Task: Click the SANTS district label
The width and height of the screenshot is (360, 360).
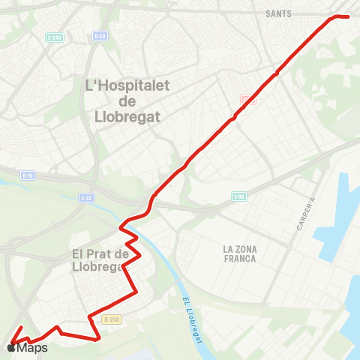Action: pyautogui.click(x=278, y=13)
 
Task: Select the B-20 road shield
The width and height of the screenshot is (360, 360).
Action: pyautogui.click(x=100, y=36)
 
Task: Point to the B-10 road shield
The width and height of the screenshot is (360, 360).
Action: pyautogui.click(x=28, y=175)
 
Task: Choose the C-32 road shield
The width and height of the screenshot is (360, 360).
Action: pyautogui.click(x=86, y=197)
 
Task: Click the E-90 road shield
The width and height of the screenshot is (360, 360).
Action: pyautogui.click(x=238, y=196)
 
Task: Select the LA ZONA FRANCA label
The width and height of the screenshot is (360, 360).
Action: pyautogui.click(x=239, y=253)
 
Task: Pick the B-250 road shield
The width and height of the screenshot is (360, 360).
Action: pyautogui.click(x=111, y=319)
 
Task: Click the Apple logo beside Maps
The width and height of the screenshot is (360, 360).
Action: pyautogui.click(x=10, y=348)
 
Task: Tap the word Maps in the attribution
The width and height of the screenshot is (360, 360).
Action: pyautogui.click(x=32, y=348)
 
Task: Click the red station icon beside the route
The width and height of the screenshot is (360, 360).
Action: pyautogui.click(x=248, y=99)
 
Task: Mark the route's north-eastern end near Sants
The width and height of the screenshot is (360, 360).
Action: pyautogui.click(x=349, y=16)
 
